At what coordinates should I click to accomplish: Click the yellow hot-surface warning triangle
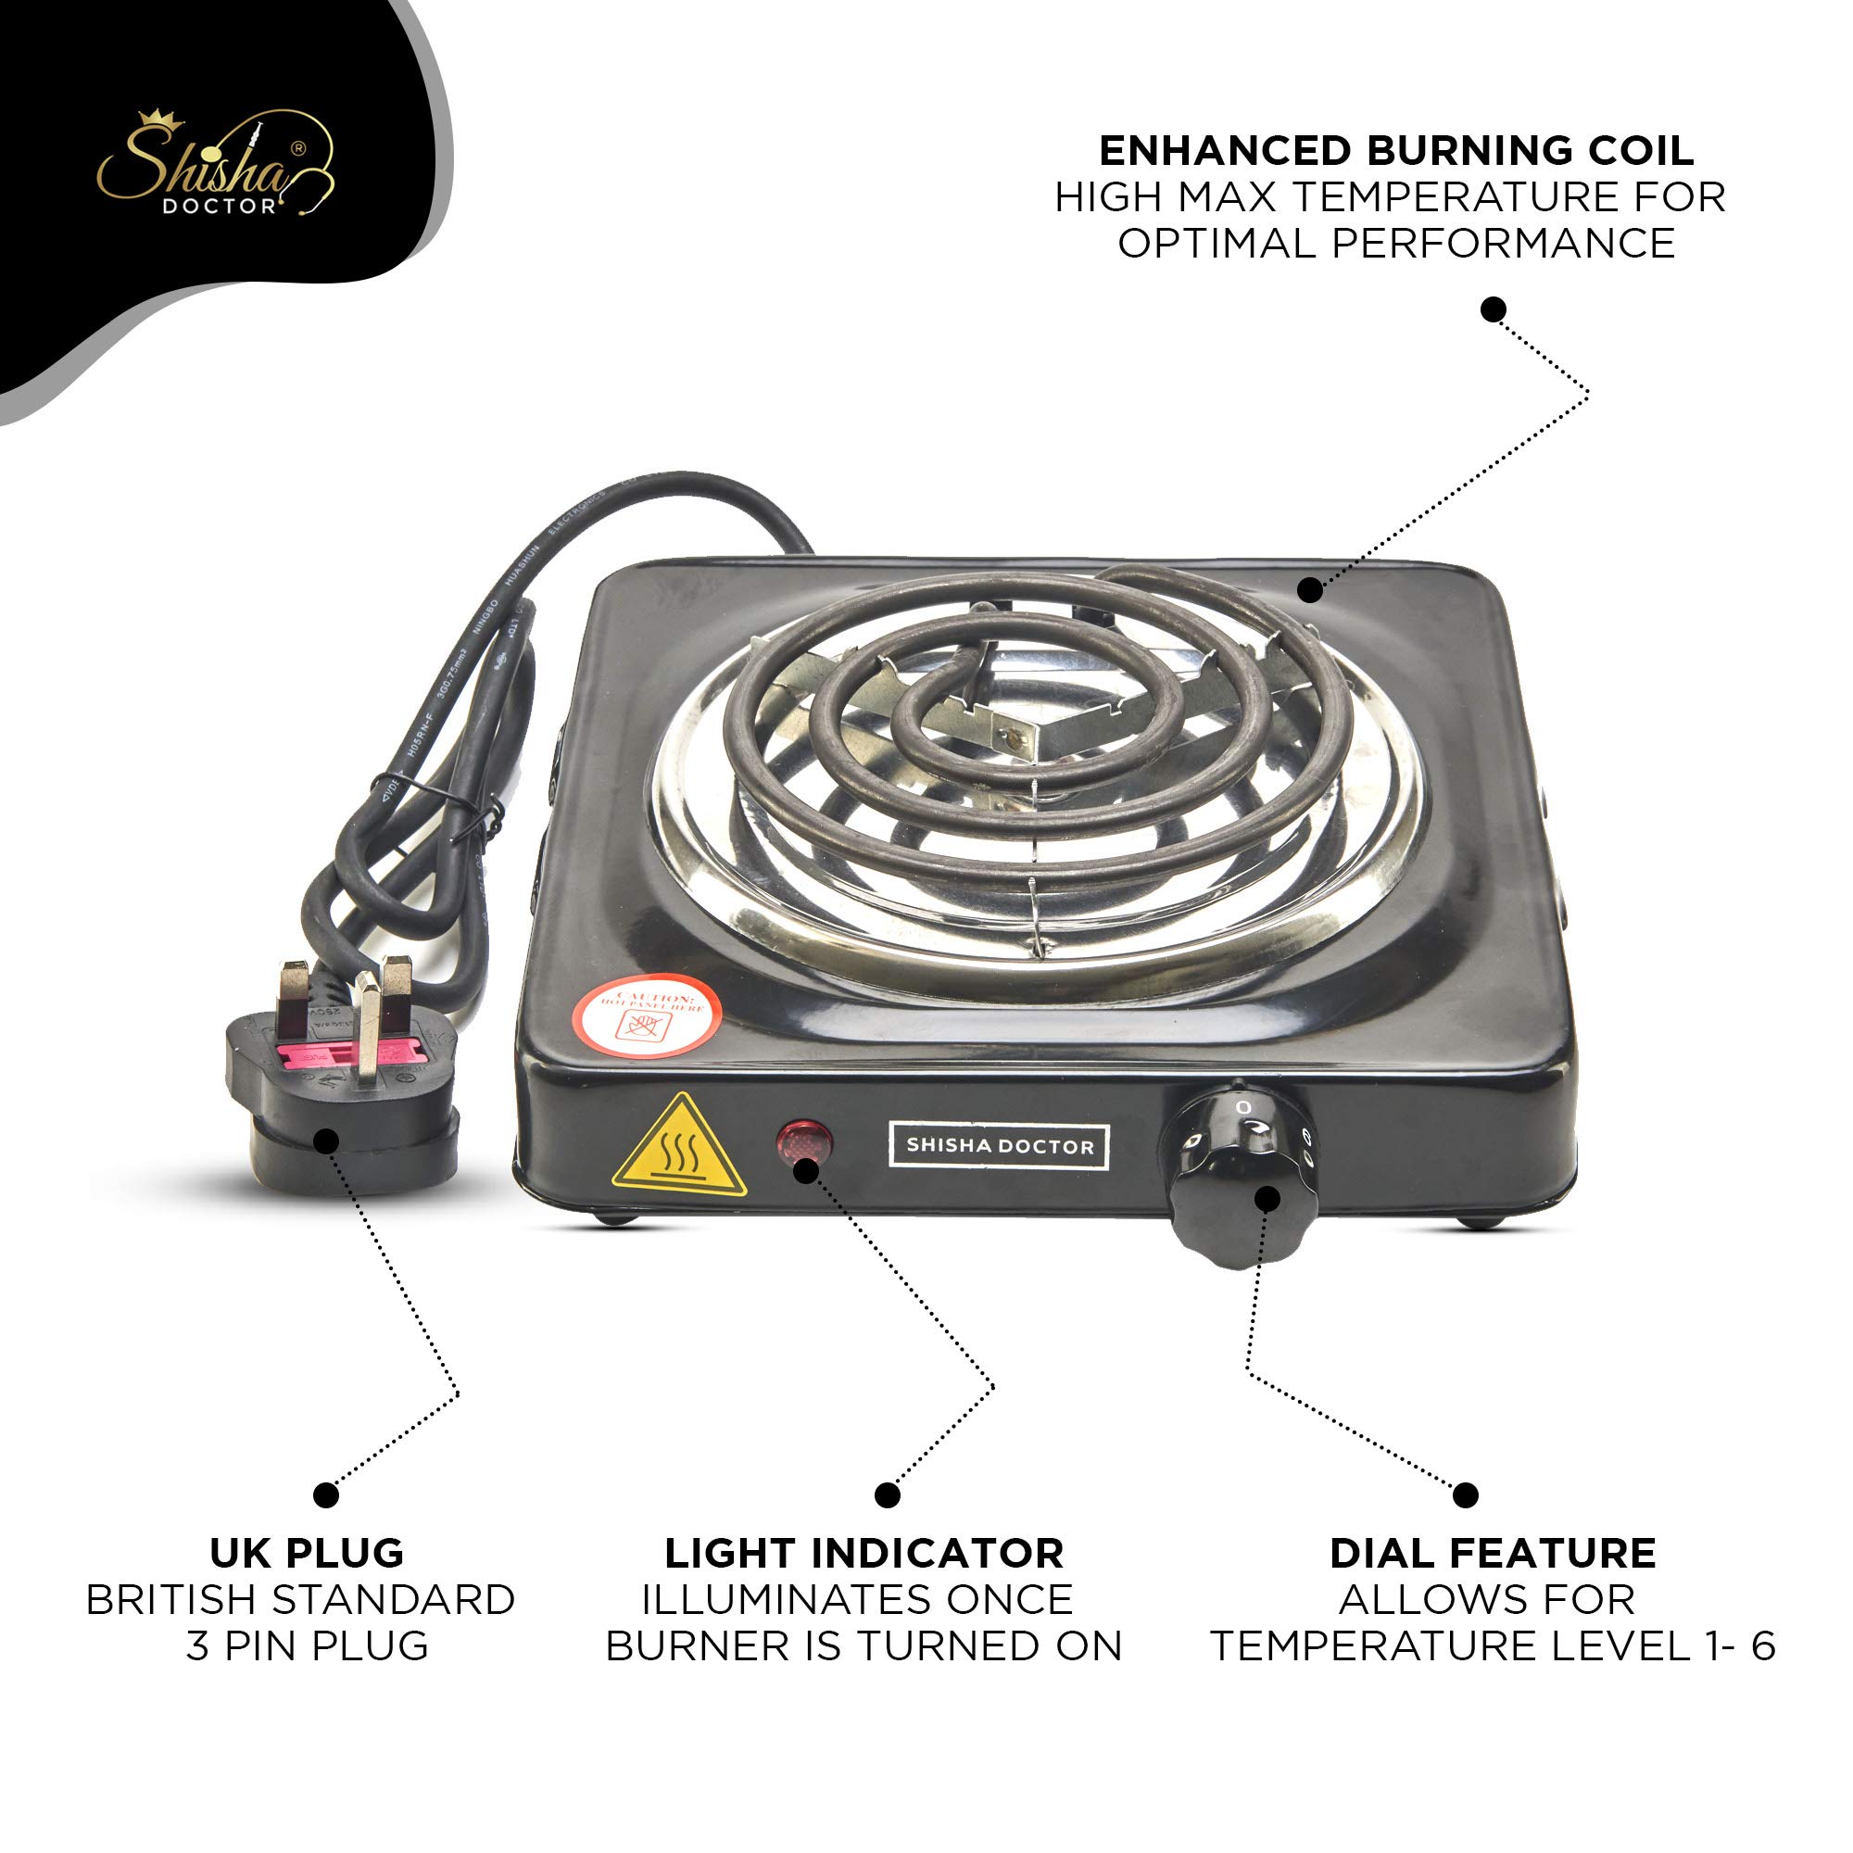tap(680, 1147)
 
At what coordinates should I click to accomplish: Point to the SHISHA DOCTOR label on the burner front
tap(1000, 1146)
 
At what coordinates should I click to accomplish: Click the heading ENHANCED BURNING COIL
tap(1395, 151)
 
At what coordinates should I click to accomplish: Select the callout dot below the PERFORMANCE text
tap(1494, 309)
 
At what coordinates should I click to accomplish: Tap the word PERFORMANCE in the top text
tap(1503, 244)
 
